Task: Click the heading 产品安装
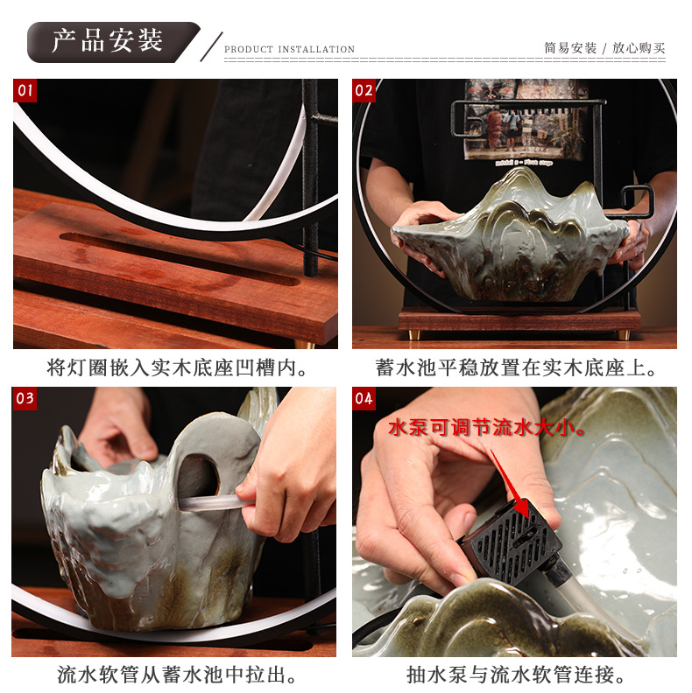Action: click(x=108, y=41)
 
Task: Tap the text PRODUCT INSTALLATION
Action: click(x=289, y=49)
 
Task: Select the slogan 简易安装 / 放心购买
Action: click(x=604, y=48)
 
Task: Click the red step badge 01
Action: click(x=25, y=91)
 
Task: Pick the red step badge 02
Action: click(x=364, y=91)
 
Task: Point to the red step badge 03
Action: click(x=25, y=399)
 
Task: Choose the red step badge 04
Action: click(x=364, y=399)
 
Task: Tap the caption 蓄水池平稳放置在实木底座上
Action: click(x=510, y=367)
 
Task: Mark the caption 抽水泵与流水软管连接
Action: click(x=510, y=675)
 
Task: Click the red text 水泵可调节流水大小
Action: click(x=483, y=428)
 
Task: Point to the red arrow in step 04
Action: click(x=510, y=485)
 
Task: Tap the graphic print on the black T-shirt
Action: click(x=526, y=121)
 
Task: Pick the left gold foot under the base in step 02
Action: click(x=414, y=335)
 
